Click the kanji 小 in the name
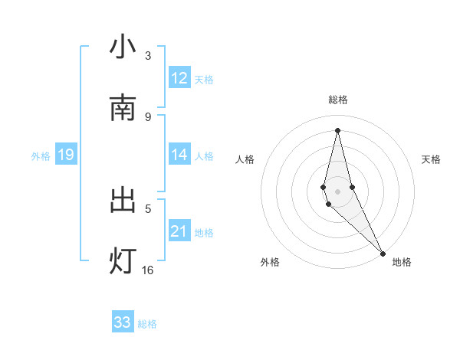[123, 47]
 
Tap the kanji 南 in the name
[123, 108]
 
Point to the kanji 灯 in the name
[123, 261]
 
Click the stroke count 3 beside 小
[148, 55]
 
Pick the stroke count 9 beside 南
[148, 116]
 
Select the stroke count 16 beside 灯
[148, 270]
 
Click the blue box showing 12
[179, 78]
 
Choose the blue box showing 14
[179, 155]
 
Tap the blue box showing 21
[179, 231]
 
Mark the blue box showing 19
[65, 155]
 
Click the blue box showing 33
[123, 322]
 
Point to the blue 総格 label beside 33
[147, 324]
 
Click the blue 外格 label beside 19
[41, 156]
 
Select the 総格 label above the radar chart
[337, 100]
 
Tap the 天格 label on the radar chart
[431, 159]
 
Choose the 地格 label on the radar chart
[402, 262]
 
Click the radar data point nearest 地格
[383, 253]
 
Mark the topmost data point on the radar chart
[337, 130]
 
